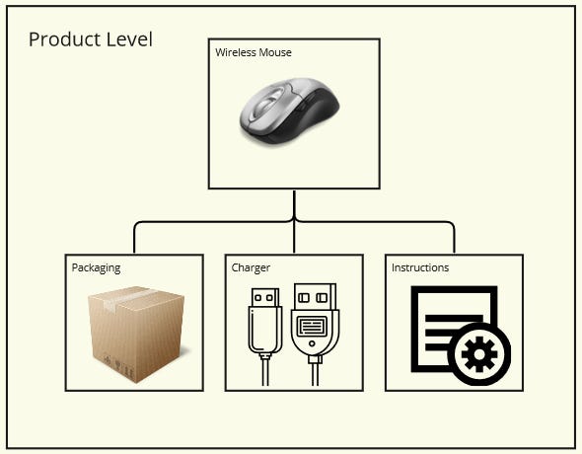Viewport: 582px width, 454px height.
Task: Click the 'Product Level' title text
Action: click(x=90, y=39)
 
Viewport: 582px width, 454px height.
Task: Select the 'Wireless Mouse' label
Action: click(x=254, y=52)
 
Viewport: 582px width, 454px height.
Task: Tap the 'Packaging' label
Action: click(x=97, y=267)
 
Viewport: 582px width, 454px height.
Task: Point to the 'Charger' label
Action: click(x=251, y=267)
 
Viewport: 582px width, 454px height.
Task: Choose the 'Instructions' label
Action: click(x=420, y=267)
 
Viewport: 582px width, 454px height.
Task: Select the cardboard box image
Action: click(x=133, y=333)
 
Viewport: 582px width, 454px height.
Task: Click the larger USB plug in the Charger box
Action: click(x=315, y=321)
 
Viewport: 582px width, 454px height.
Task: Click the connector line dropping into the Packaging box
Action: click(x=134, y=240)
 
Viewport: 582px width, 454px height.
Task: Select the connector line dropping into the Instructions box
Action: click(x=454, y=240)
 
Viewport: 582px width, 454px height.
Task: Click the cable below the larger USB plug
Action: click(x=315, y=375)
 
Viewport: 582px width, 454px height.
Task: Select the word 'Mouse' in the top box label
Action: click(x=275, y=52)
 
